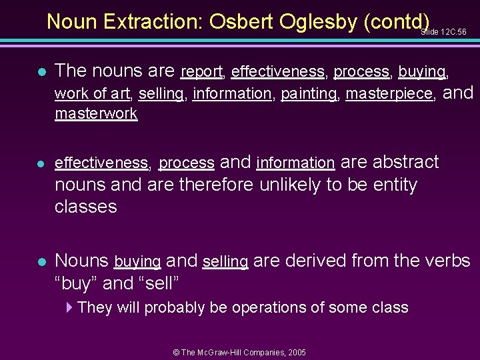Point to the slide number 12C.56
[x=445, y=31]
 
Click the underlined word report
[x=201, y=71]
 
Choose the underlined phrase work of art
[x=92, y=94]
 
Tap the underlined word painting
[x=309, y=94]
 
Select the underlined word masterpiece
[x=389, y=94]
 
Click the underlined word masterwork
[x=96, y=113]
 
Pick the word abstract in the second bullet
[x=405, y=162]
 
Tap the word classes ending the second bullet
[x=85, y=207]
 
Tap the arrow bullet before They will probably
[x=70, y=307]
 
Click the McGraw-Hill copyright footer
[x=239, y=352]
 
